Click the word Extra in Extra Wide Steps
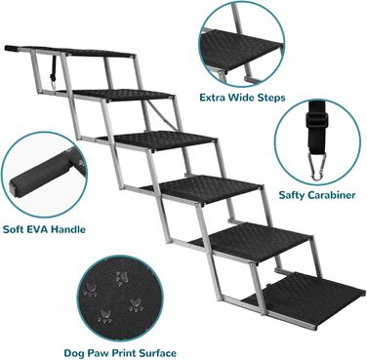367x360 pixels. (x=213, y=98)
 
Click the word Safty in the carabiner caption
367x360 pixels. (x=292, y=195)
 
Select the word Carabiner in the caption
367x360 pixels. (x=332, y=195)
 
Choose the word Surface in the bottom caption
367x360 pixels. (x=156, y=353)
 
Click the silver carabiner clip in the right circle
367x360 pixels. (x=316, y=166)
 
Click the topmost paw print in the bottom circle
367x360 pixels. (x=122, y=278)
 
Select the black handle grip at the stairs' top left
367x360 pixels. (x=12, y=49)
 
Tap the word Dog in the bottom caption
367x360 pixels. (x=74, y=353)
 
